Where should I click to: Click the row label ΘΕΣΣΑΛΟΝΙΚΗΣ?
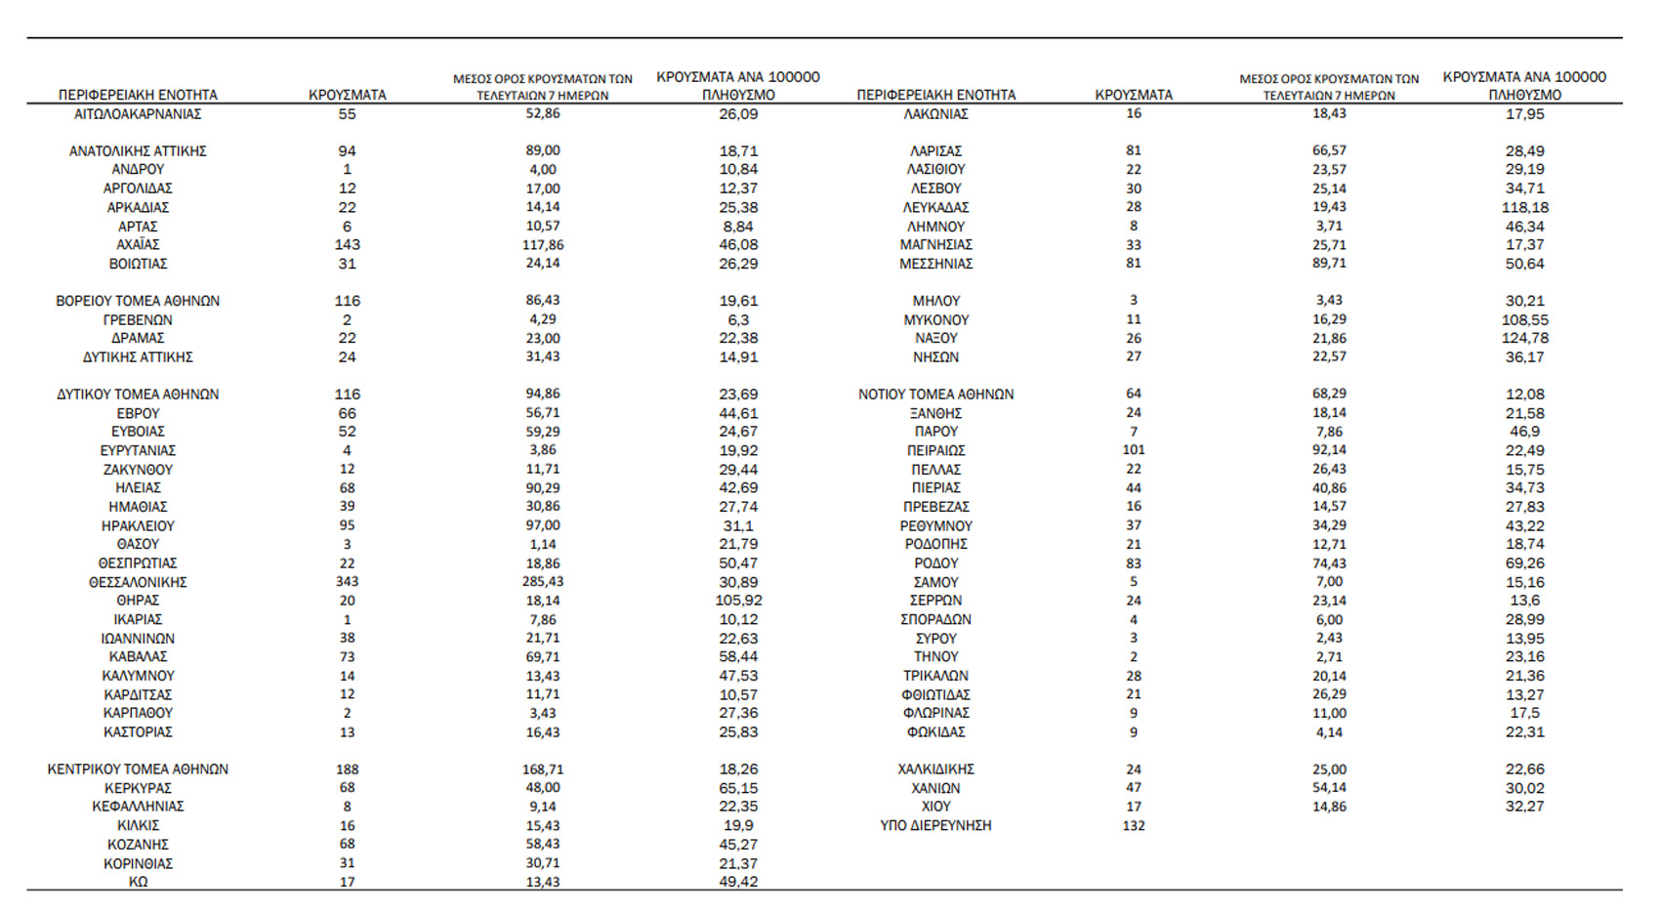(138, 582)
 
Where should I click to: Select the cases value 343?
(347, 582)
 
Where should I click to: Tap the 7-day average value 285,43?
(543, 582)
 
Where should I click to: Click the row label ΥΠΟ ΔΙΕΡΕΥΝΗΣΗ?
(935, 825)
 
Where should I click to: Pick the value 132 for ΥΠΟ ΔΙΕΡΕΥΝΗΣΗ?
(1134, 825)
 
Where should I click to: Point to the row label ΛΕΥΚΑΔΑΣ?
(935, 207)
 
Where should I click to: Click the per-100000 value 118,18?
(1524, 207)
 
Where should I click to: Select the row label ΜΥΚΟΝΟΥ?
(935, 319)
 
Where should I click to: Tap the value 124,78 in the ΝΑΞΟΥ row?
(1524, 338)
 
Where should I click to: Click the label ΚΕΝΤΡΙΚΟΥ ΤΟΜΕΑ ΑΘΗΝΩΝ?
(138, 770)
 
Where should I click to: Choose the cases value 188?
(347, 770)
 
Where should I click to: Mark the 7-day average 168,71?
(543, 770)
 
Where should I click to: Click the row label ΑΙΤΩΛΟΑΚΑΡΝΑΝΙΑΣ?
(138, 114)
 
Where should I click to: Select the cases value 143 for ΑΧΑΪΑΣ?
(347, 245)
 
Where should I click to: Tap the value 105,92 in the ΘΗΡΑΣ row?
(738, 601)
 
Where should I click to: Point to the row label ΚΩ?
(138, 882)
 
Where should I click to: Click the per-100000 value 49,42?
(738, 882)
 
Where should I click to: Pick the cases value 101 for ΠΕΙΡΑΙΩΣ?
(1134, 450)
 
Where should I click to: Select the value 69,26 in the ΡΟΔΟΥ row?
(1524, 563)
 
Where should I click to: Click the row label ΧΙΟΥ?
(935, 807)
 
